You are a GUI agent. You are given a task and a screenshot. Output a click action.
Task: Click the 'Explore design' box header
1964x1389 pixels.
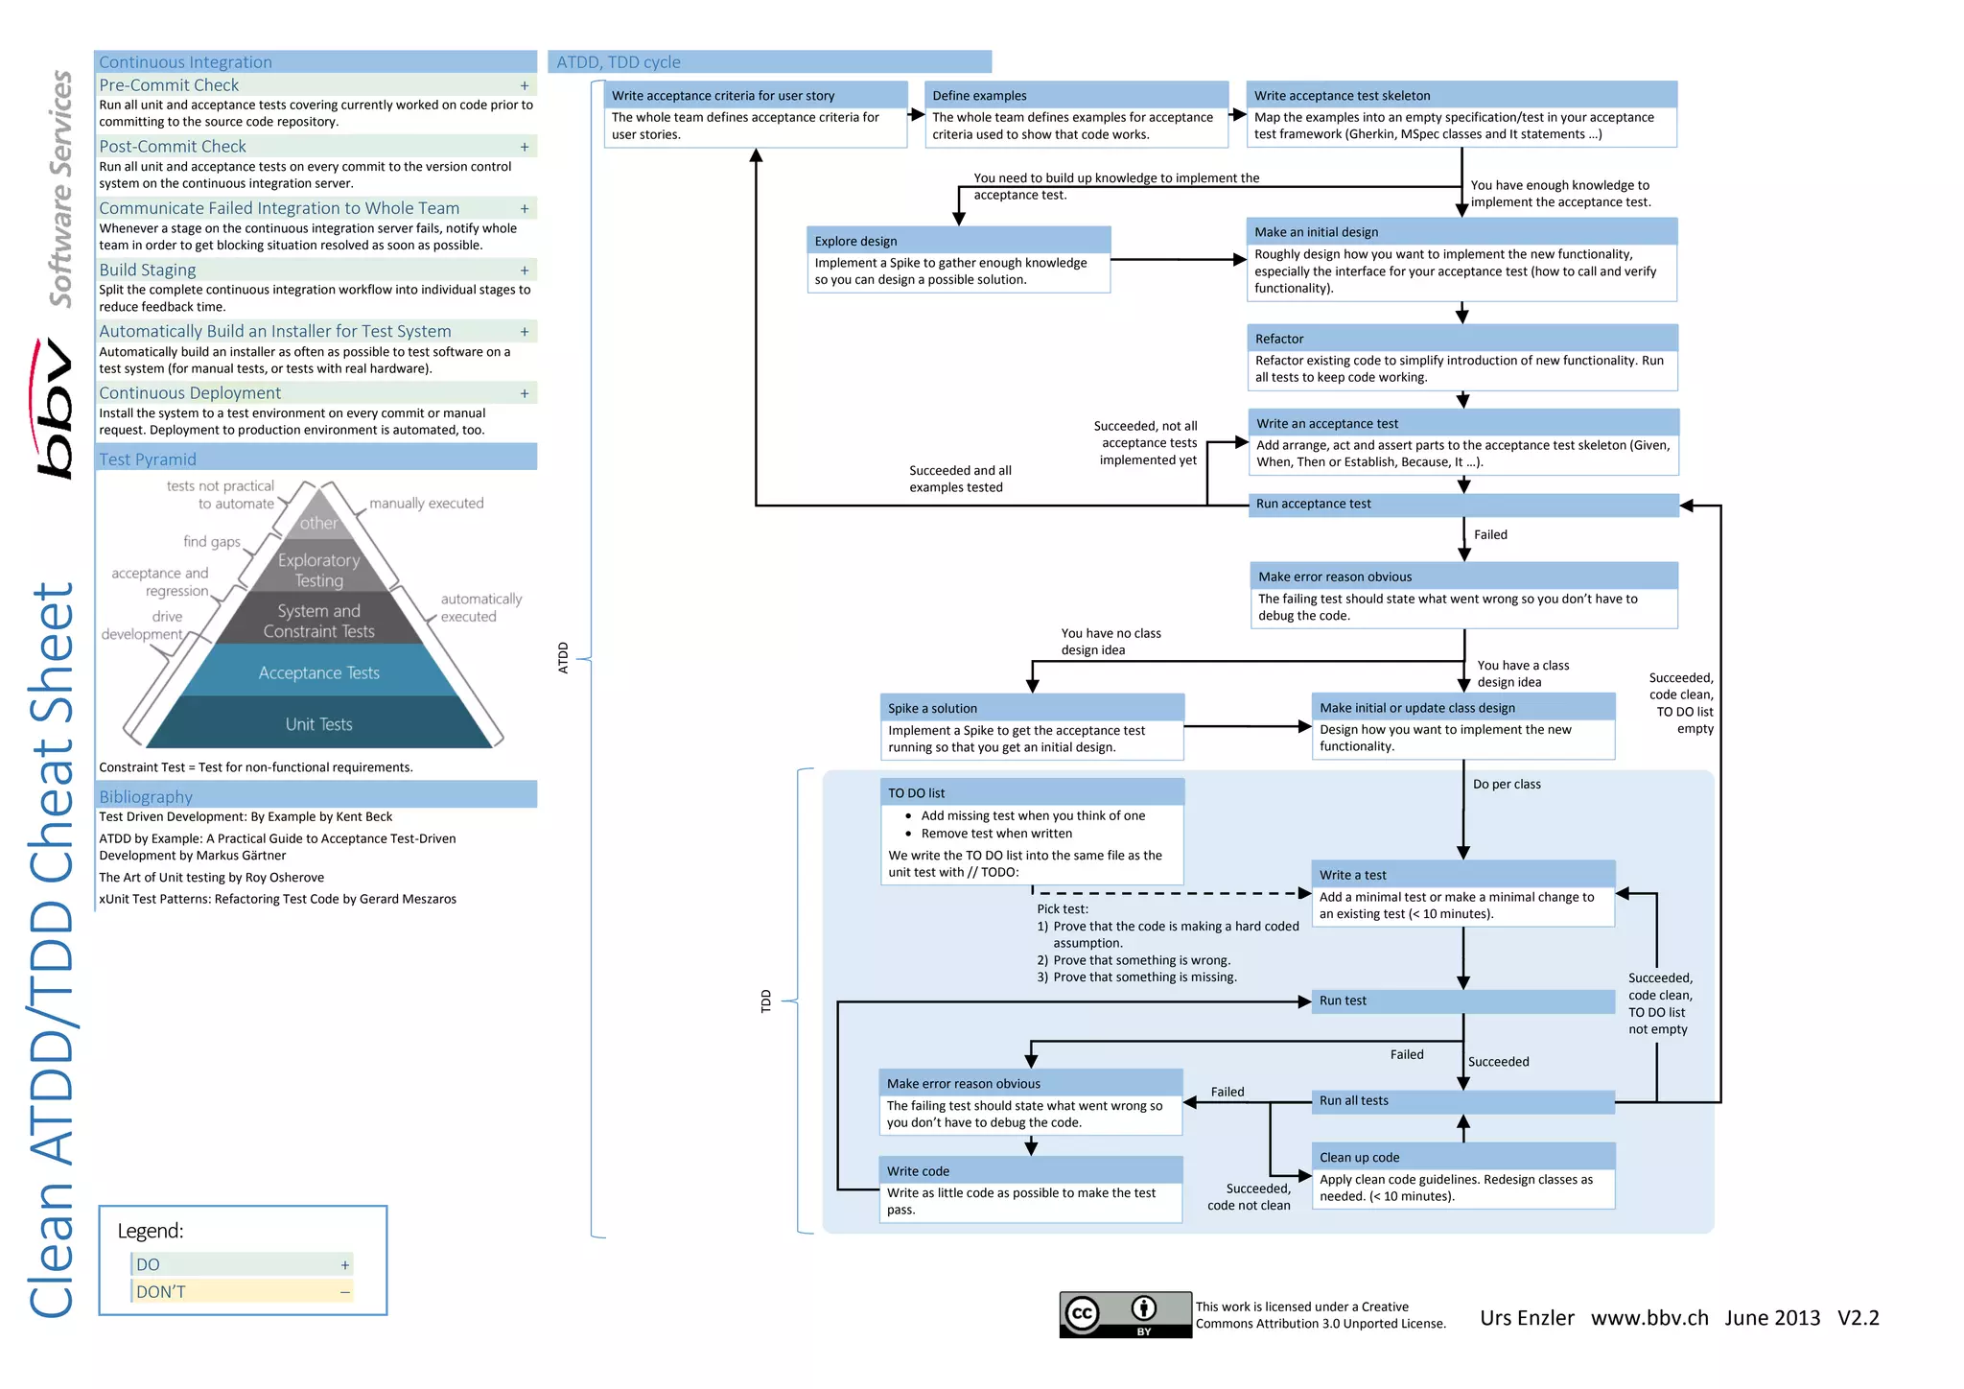coord(958,241)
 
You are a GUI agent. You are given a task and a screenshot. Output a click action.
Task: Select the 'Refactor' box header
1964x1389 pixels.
coord(1461,339)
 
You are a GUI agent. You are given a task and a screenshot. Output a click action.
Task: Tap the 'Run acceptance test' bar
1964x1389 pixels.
coord(1462,505)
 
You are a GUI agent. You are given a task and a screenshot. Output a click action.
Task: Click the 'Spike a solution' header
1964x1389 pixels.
coord(1032,708)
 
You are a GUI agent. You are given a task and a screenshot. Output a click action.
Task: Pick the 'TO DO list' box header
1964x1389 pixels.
coord(1032,793)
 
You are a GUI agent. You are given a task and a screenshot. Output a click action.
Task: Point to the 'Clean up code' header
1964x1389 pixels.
coord(1462,1157)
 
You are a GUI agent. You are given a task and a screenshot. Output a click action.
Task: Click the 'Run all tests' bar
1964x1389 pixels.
coord(1462,1101)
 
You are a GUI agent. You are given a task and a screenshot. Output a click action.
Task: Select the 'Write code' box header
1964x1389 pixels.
coord(1030,1171)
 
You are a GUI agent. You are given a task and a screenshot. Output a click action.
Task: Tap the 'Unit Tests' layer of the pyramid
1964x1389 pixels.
coord(319,724)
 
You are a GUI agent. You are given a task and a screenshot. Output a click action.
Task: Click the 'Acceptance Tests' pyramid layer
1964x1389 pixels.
coord(319,673)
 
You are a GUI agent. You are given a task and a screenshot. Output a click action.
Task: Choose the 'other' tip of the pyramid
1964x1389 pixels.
coord(318,523)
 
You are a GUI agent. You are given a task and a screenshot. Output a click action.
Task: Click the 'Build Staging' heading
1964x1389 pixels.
coord(148,271)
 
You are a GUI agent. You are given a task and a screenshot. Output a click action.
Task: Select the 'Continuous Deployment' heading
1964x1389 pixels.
coord(190,393)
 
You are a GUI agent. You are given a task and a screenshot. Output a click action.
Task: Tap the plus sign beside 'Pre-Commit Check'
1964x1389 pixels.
coord(525,85)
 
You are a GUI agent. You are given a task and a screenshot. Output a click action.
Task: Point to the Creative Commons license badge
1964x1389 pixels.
coord(1125,1314)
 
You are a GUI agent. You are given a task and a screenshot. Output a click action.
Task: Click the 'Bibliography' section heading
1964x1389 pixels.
coord(146,797)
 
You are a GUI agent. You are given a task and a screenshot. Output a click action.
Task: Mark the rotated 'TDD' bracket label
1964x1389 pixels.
coord(765,1001)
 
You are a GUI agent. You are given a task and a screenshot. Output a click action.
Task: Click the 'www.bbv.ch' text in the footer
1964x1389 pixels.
coord(1649,1318)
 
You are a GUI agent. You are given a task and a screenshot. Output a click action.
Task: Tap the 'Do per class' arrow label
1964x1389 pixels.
coord(1507,785)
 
